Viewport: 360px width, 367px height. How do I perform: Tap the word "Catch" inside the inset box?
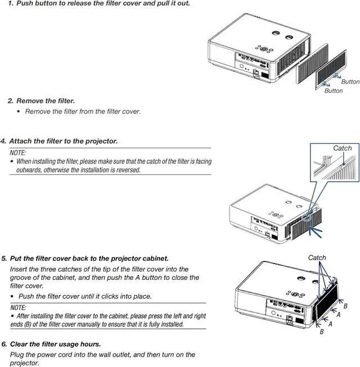pyautogui.click(x=342, y=148)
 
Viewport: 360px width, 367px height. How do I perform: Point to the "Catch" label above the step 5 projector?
pyautogui.click(x=317, y=257)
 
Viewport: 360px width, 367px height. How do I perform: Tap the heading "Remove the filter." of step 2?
pyautogui.click(x=45, y=101)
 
